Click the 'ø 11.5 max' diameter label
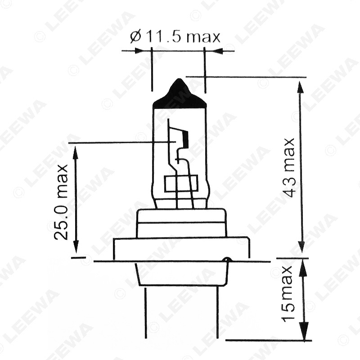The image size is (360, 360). pos(175,37)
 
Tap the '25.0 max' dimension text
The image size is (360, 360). pos(61,202)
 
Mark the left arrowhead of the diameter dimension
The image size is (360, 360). pos(138,51)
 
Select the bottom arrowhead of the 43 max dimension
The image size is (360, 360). pos(302,246)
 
